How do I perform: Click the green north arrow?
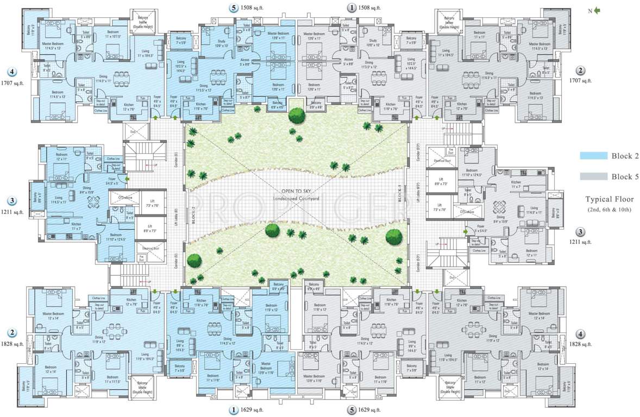pos(597,10)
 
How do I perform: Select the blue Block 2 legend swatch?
pos(593,156)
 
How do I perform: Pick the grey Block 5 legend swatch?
pos(593,176)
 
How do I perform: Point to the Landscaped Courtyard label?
pos(296,199)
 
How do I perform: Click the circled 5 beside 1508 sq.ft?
pos(234,8)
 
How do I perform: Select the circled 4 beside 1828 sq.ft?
pos(581,334)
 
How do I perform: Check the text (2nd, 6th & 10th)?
pos(608,210)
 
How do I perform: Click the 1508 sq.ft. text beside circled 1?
pos(369,8)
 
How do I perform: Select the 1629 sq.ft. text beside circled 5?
pos(369,410)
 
